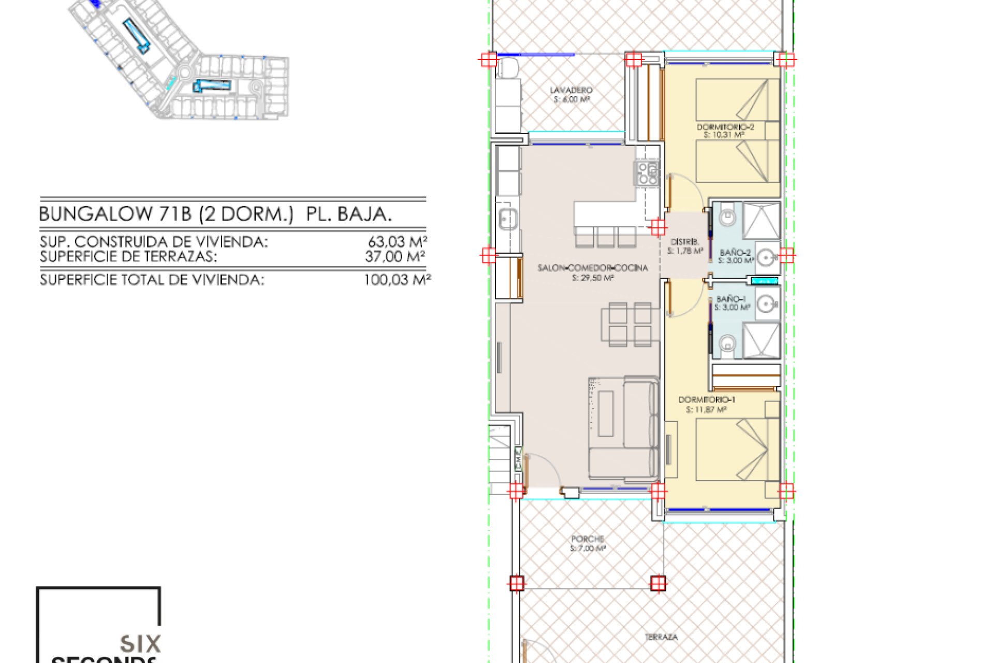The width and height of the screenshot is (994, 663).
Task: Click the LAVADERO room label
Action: point(571,90)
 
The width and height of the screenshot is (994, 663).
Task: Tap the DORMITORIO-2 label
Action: point(725,127)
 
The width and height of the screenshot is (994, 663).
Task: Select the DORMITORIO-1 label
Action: point(707,399)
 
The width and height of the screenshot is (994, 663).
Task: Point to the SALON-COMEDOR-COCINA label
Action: point(593,268)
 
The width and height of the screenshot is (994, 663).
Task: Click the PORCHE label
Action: point(588,539)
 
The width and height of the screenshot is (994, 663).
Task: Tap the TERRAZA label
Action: point(661,637)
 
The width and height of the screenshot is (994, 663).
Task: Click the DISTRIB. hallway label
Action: point(684,242)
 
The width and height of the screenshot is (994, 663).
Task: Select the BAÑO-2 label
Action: point(735,253)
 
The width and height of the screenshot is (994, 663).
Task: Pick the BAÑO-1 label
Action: point(730,299)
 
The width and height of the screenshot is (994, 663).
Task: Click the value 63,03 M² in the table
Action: point(397,241)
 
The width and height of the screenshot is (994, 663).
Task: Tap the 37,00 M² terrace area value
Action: point(395,256)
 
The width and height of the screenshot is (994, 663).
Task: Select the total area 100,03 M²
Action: point(397,280)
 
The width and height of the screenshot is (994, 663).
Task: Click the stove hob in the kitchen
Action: point(647,173)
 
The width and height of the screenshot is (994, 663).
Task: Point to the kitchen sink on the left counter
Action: point(508,219)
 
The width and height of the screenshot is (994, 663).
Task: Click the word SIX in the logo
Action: point(140,644)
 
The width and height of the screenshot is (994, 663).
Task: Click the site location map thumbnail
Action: point(179,60)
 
